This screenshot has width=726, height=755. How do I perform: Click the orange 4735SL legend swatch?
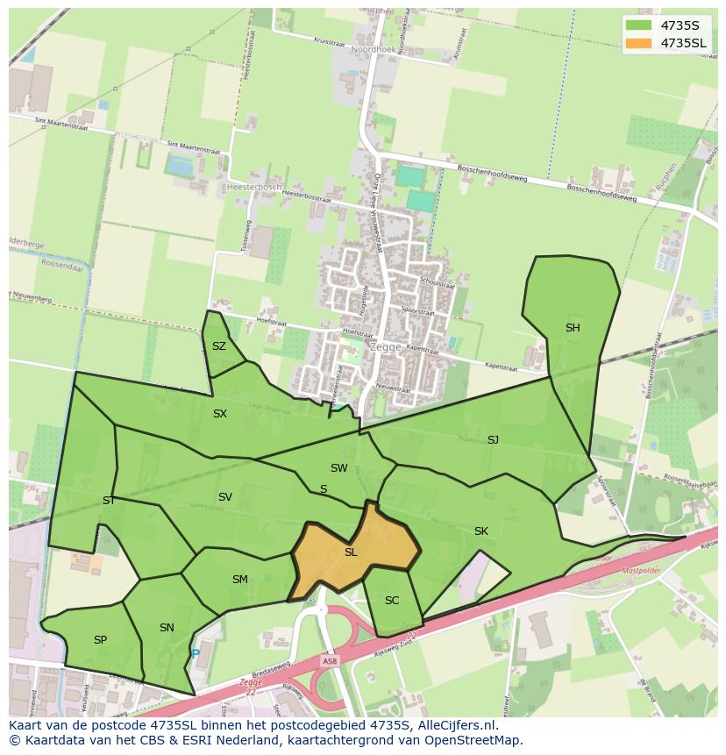tap(638, 43)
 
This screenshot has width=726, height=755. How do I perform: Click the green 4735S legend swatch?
tap(638, 25)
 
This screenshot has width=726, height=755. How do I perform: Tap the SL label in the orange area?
tap(351, 552)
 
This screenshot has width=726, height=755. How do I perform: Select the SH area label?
tap(573, 328)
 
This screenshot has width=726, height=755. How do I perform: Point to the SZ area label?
tap(219, 346)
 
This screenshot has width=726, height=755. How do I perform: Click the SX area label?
tap(220, 414)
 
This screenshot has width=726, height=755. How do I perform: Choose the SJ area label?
tap(493, 440)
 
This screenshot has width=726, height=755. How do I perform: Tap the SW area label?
tap(339, 468)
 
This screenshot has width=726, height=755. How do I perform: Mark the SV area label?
tap(225, 497)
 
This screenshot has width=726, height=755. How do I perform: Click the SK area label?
tap(481, 531)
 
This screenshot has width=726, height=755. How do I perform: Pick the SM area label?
tap(240, 580)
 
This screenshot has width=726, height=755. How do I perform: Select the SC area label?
tap(392, 601)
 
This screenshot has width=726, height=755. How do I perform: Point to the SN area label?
tap(167, 628)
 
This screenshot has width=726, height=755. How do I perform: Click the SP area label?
tap(100, 640)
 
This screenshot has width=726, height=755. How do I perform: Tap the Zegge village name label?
tap(386, 346)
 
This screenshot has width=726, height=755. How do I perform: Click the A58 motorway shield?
tap(329, 661)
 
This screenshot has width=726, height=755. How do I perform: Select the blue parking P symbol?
tap(196, 653)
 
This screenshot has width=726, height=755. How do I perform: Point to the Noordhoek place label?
tap(374, 50)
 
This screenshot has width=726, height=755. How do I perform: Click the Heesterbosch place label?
tap(254, 187)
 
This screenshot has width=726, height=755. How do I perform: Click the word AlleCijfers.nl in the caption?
tap(456, 726)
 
